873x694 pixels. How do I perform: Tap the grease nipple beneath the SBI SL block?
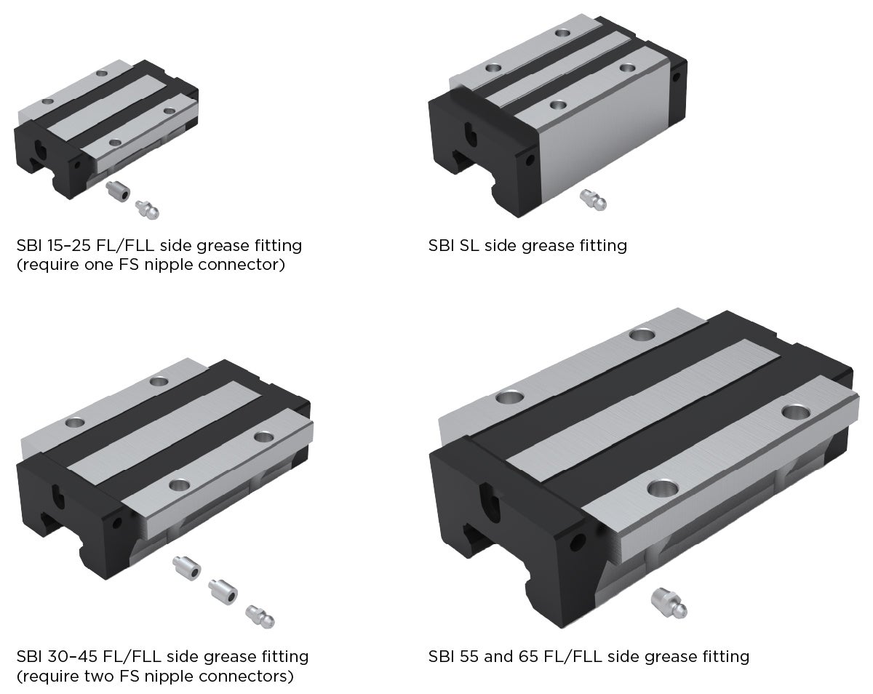pyautogui.click(x=592, y=199)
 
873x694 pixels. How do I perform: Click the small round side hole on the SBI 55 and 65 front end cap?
pyautogui.click(x=580, y=541)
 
